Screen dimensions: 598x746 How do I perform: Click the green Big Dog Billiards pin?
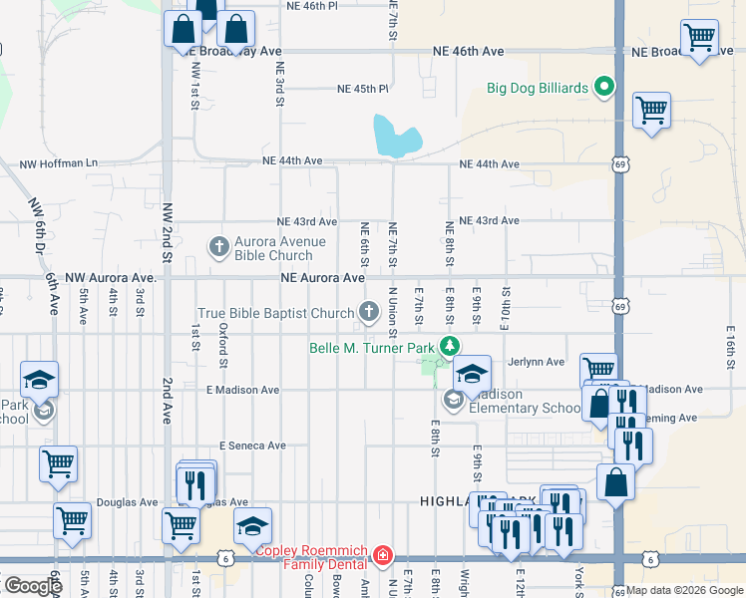pyautogui.click(x=603, y=88)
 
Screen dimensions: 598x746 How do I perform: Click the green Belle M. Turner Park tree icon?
pyautogui.click(x=451, y=347)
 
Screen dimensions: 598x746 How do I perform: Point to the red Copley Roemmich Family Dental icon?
pyautogui.click(x=383, y=555)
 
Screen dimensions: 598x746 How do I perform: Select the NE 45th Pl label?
pyautogui.click(x=362, y=89)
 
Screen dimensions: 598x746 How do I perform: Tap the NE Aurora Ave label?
pyautogui.click(x=322, y=278)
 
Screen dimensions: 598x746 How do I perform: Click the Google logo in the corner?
pyautogui.click(x=32, y=586)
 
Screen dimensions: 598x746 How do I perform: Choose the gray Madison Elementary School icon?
pyautogui.click(x=452, y=400)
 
